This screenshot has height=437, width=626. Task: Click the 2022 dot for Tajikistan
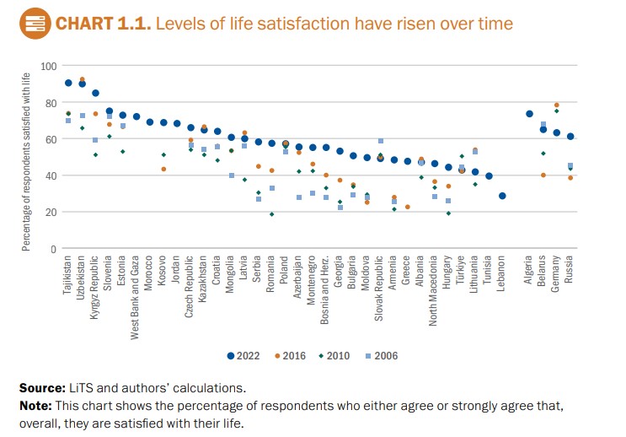[68, 83]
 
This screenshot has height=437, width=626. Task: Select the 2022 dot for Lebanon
[502, 196]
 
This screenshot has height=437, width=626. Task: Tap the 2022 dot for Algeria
[530, 114]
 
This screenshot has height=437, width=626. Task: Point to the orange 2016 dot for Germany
[557, 105]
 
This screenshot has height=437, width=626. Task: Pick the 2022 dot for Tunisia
[489, 176]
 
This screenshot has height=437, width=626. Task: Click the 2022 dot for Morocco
[150, 122]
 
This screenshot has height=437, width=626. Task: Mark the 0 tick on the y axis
[53, 249]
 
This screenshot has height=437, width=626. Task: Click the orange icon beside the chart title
[32, 23]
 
